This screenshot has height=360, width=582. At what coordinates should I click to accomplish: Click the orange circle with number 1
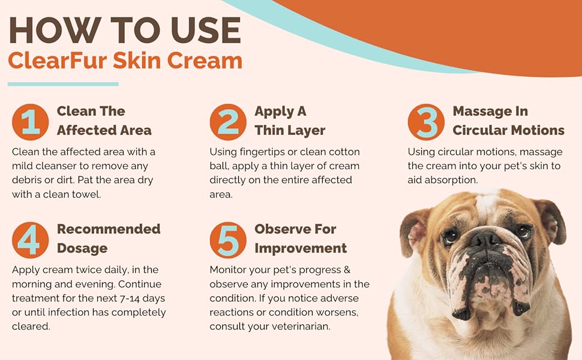pos(30,122)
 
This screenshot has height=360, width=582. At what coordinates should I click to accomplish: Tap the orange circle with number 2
pos(228,122)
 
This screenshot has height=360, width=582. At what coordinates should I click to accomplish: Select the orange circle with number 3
pos(426,122)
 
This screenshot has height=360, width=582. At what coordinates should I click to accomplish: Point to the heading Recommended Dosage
pos(109,238)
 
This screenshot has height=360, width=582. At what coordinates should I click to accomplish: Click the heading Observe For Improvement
pos(301,238)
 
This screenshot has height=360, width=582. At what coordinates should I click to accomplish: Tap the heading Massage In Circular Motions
pos(508,121)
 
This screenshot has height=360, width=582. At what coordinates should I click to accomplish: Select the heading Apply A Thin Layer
pos(290,121)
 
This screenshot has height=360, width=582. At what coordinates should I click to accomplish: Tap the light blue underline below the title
pos(63,84)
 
